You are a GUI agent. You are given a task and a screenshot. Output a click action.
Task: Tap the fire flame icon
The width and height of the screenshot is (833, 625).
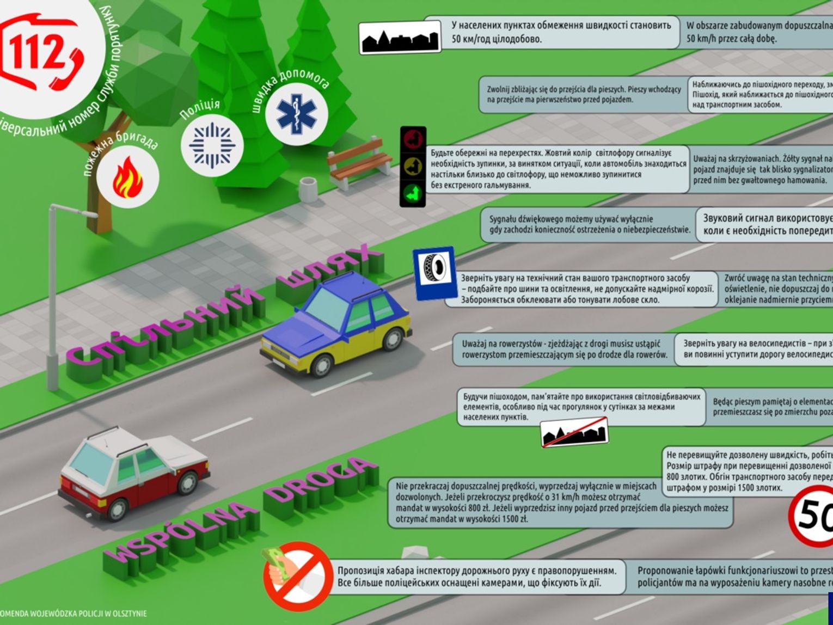coord(128,177)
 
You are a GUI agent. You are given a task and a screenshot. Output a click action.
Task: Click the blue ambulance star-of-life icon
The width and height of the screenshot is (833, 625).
coord(297,114)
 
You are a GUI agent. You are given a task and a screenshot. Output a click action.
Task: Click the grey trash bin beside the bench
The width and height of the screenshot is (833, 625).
coord(308,188)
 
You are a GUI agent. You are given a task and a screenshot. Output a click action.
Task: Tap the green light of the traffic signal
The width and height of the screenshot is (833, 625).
coord(413,193)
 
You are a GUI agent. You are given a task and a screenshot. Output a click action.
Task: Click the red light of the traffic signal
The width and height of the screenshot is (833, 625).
coord(413,140)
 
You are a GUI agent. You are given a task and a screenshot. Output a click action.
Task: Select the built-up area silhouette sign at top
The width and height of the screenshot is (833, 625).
coord(400,39)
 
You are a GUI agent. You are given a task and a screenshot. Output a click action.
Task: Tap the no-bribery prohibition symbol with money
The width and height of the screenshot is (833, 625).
coord(296,575)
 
